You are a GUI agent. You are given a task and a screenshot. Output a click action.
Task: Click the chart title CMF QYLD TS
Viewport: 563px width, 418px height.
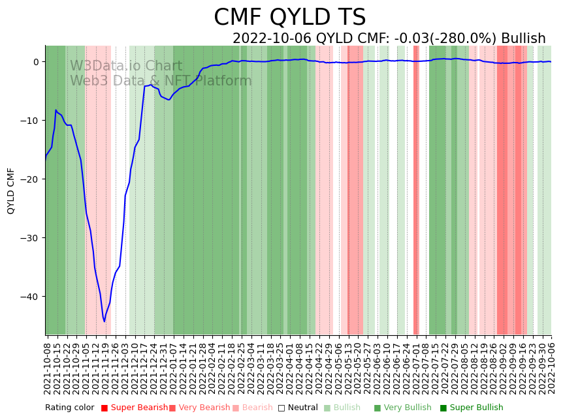pos(289,18)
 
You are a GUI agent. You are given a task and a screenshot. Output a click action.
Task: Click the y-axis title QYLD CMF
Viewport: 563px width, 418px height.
pos(11,190)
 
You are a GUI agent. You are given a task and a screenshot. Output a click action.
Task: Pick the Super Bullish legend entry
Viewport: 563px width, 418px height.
pos(476,408)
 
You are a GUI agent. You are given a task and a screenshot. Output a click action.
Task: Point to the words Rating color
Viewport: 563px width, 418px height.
pos(69,408)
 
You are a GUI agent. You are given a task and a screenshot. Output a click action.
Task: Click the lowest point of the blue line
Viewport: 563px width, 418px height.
pos(104,321)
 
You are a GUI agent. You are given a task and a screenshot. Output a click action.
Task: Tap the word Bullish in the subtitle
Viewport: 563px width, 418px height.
pos(519,38)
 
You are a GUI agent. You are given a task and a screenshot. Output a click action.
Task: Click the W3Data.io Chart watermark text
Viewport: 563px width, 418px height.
pos(126,66)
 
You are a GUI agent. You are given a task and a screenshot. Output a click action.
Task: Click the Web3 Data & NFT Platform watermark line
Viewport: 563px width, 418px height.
pos(161,81)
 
